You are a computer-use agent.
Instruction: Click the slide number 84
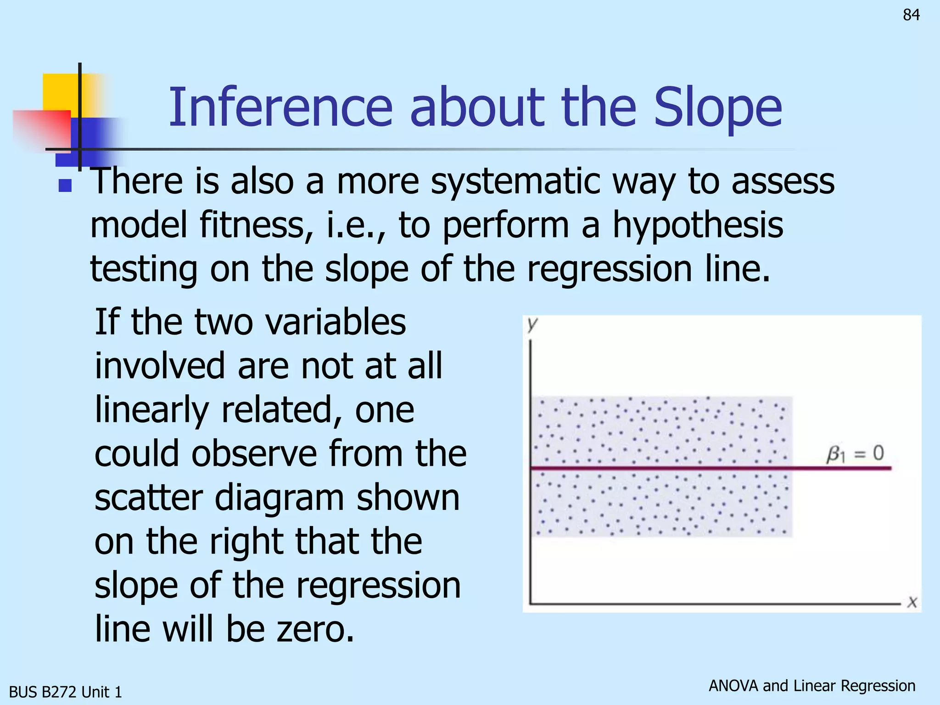click(911, 15)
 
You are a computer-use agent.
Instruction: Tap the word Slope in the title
click(717, 108)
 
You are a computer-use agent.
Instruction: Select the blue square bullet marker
click(65, 185)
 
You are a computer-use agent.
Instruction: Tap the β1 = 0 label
click(855, 453)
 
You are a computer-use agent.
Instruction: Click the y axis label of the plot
click(532, 324)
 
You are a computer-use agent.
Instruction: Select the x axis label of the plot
click(912, 602)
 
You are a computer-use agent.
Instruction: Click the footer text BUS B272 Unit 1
click(65, 692)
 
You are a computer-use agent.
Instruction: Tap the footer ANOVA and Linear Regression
click(811, 685)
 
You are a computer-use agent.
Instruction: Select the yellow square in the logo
click(60, 92)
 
